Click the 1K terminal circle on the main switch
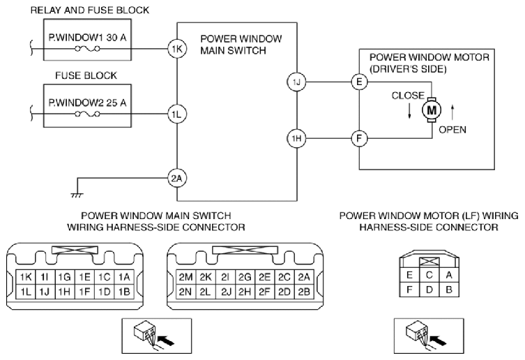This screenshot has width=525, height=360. pos(177,49)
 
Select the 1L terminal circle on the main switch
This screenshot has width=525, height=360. pos(177,114)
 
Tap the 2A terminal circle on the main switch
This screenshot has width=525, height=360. pos(177,179)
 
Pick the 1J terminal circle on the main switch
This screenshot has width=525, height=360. pos(296,82)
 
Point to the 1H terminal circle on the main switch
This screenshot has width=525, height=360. pos(296,138)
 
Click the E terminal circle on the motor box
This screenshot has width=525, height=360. pos(359,82)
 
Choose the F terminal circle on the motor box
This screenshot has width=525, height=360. pos(359,138)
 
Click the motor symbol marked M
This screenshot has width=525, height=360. pos(432,110)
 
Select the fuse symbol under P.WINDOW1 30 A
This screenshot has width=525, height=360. pos(87,49)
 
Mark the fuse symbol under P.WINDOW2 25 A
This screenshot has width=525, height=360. pos(87,114)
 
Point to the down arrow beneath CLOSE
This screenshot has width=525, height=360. pos(409,111)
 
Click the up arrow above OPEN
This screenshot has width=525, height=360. pos(452,112)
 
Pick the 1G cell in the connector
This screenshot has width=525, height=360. pos(65,277)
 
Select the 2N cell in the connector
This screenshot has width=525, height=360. pos(185,292)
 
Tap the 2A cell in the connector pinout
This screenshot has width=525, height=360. pos(304,277)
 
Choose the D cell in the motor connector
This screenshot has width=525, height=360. pos(429,290)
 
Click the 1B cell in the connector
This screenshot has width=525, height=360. pos(124,292)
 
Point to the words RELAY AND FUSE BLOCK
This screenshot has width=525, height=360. pos(90,10)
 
